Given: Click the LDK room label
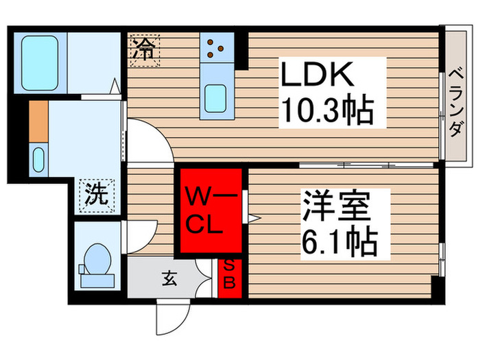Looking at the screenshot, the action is pos(317,74).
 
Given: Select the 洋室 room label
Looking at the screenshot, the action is pos(336,206).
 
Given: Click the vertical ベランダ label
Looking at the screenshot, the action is pos(456,103).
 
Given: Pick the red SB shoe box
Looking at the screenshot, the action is pos(230,278).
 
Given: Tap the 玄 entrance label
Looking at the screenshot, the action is pos(169,278).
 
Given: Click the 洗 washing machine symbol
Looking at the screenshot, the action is pos(97,195).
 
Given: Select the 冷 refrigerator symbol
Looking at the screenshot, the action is pos(145,50).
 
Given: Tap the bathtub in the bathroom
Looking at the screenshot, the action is pos(40,63).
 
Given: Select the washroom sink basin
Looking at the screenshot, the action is pos(38,160).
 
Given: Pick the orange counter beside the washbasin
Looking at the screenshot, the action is pos(38,121).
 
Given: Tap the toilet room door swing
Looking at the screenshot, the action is pos(141,237).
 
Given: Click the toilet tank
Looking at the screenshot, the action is pos(97,281).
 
